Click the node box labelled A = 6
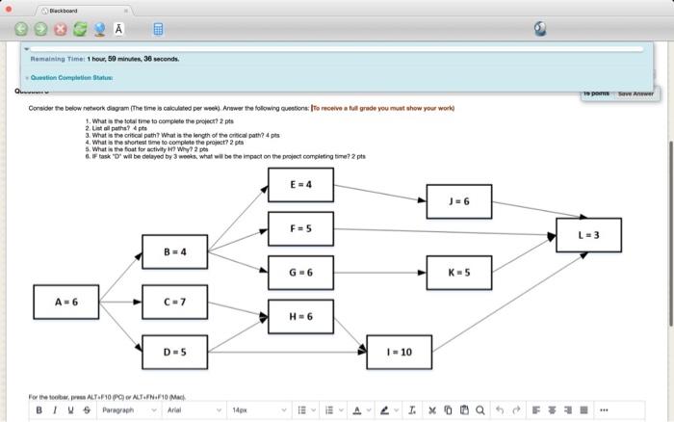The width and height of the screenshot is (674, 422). coord(66,302)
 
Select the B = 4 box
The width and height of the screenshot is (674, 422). coord(174,251)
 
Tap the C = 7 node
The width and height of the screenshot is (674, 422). coord(174,302)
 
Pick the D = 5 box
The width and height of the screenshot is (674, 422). coord(174,352)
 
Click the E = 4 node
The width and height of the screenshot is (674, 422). coord(300,184)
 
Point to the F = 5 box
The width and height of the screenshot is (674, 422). coord(300,228)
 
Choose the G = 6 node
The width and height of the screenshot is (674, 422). coord(300,273)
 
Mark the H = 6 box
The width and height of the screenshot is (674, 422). coord(300,317)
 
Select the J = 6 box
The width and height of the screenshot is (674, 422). coord(458,201)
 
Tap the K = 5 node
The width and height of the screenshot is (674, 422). coord(458,273)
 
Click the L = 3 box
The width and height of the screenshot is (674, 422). coord(588,235)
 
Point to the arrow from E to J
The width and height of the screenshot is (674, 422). coord(380,193)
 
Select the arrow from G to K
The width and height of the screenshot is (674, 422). coord(380,273)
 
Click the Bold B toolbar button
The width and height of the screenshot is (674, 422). coord(39,409)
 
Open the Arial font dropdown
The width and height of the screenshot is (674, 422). coord(194,409)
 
